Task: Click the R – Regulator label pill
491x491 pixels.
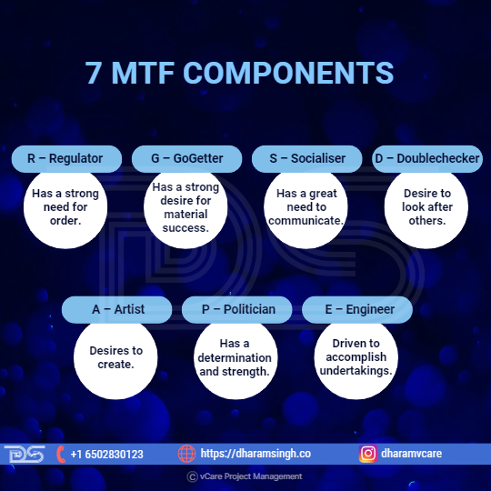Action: click(x=66, y=159)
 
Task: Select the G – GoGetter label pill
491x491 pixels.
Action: click(x=186, y=159)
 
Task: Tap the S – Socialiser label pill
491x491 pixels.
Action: click(x=307, y=159)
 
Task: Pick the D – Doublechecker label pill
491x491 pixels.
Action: click(x=427, y=159)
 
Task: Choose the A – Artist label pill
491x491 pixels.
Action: click(x=116, y=310)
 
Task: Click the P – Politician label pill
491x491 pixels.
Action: click(x=237, y=310)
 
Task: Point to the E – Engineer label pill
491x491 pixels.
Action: click(x=357, y=310)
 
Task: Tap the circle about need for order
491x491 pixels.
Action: click(x=65, y=207)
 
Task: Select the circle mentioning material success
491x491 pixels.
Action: click(x=185, y=207)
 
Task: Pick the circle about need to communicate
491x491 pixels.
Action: click(x=306, y=207)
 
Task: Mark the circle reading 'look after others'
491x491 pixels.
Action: click(x=426, y=207)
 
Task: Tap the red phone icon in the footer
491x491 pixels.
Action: click(x=61, y=454)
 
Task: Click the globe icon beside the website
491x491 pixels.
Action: click(x=186, y=454)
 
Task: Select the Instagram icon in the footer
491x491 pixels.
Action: click(x=368, y=454)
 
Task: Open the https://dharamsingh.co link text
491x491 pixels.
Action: click(x=256, y=454)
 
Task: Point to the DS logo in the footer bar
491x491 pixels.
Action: click(x=25, y=454)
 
